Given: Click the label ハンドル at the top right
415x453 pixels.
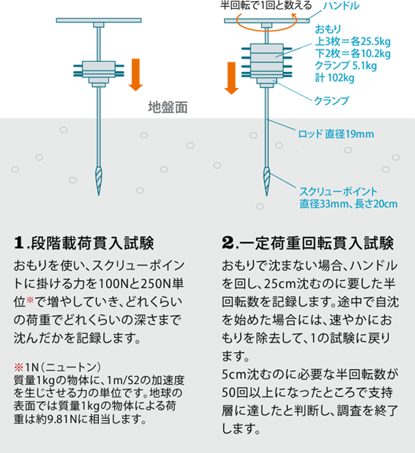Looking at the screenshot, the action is [x=341, y=6].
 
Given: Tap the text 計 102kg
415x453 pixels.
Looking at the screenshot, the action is [x=335, y=78].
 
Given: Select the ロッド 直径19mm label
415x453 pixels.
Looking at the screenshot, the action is [x=336, y=134].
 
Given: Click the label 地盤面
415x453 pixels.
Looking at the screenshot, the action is [x=168, y=107].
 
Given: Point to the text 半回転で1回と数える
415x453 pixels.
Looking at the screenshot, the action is [x=266, y=5].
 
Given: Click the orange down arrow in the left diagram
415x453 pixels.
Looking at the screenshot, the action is [x=135, y=75].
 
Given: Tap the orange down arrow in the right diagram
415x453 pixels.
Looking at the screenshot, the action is [x=231, y=78].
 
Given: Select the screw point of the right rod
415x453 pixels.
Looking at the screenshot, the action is [x=267, y=181].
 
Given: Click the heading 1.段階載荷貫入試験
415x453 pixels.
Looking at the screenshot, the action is [x=84, y=242].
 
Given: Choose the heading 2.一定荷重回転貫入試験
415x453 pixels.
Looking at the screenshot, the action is [x=308, y=242].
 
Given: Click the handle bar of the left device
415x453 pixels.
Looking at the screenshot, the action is [x=98, y=20].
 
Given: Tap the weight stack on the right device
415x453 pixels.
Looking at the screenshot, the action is [x=267, y=61].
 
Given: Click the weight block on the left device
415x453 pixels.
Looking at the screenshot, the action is [x=98, y=70].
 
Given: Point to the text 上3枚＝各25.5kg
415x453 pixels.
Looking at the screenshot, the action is [x=352, y=41].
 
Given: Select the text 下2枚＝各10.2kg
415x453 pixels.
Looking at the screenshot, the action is [x=352, y=54].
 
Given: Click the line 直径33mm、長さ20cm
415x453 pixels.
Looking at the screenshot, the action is [x=349, y=204].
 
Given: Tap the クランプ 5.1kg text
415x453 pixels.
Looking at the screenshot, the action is [x=345, y=66].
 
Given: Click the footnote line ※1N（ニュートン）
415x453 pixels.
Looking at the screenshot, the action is [x=57, y=368].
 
